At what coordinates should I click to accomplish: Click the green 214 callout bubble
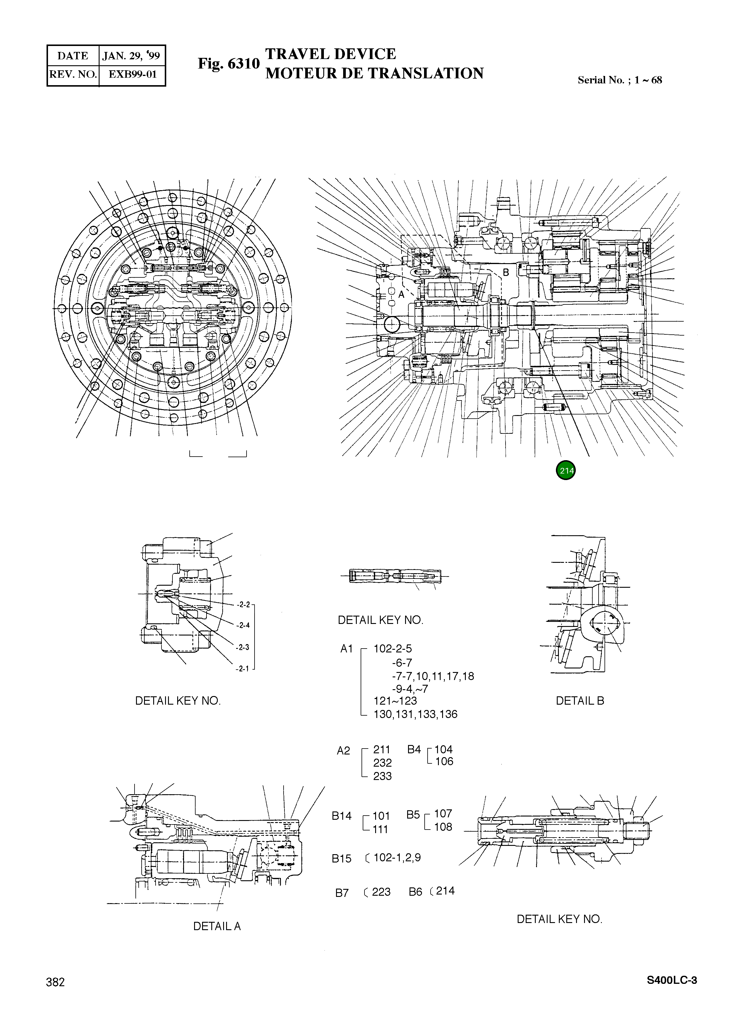[566, 471]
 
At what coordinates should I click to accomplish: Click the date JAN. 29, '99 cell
[131, 56]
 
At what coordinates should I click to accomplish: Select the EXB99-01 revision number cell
[132, 74]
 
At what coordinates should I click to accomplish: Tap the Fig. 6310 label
[228, 64]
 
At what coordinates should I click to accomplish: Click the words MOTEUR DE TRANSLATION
[374, 73]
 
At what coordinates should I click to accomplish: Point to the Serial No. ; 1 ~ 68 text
[619, 80]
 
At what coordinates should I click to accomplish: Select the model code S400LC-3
[671, 980]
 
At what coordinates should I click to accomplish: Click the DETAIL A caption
[217, 926]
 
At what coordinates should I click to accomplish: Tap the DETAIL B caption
[580, 700]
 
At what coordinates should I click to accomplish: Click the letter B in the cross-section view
[506, 272]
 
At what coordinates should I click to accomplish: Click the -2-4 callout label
[243, 625]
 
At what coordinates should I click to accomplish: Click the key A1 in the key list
[346, 649]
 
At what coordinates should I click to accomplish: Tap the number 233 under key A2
[382, 776]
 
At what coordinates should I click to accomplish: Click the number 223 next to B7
[381, 892]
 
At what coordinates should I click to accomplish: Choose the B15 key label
[341, 859]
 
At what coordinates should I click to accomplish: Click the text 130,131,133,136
[415, 714]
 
